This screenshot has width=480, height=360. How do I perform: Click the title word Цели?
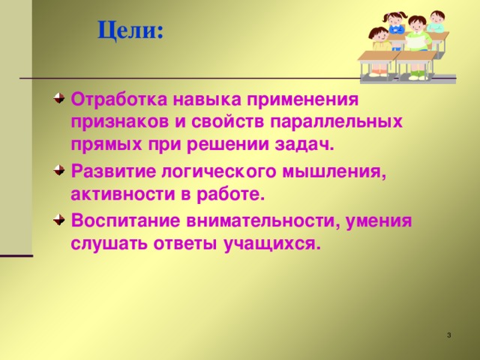coord(130,31)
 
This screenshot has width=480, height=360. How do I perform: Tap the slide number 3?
coord(448,334)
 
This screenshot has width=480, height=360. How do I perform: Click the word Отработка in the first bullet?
coord(117,99)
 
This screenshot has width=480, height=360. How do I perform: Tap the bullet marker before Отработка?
coord(58,98)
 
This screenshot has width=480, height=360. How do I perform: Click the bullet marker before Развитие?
coord(58,171)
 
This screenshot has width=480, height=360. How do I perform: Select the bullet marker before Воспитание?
coord(58,220)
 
